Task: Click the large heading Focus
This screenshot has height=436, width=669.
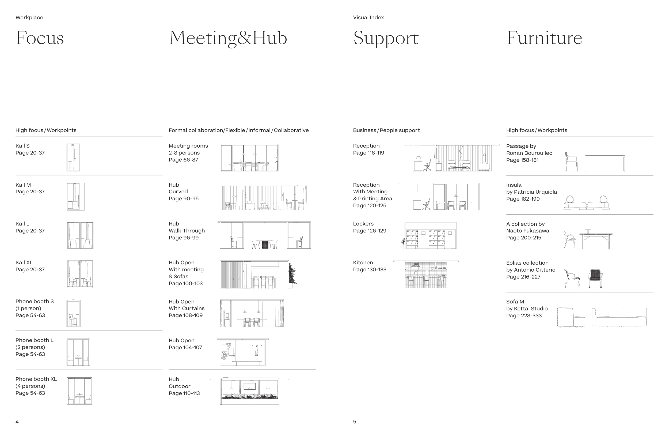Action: point(40,38)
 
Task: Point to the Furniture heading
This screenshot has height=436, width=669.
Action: point(544,38)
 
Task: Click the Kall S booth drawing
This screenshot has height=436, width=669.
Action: point(73,157)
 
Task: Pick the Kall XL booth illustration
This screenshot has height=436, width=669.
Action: point(80,274)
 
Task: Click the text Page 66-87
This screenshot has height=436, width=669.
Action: point(183,160)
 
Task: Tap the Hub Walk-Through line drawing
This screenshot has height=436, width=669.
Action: point(264,235)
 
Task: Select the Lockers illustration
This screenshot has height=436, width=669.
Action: point(429,236)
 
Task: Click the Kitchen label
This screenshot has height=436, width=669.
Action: point(363,262)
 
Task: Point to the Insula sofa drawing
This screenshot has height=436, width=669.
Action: point(586,203)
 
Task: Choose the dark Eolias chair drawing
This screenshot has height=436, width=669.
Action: point(595,279)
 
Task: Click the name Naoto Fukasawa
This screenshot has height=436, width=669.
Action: point(528,231)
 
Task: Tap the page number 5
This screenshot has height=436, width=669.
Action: point(355,422)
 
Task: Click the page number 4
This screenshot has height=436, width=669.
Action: point(17,422)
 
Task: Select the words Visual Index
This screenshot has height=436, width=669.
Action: point(368,17)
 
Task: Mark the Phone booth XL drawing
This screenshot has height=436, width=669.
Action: point(79,391)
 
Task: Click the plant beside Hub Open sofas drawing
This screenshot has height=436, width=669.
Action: point(292,274)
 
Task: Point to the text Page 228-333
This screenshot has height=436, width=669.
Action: point(524,315)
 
